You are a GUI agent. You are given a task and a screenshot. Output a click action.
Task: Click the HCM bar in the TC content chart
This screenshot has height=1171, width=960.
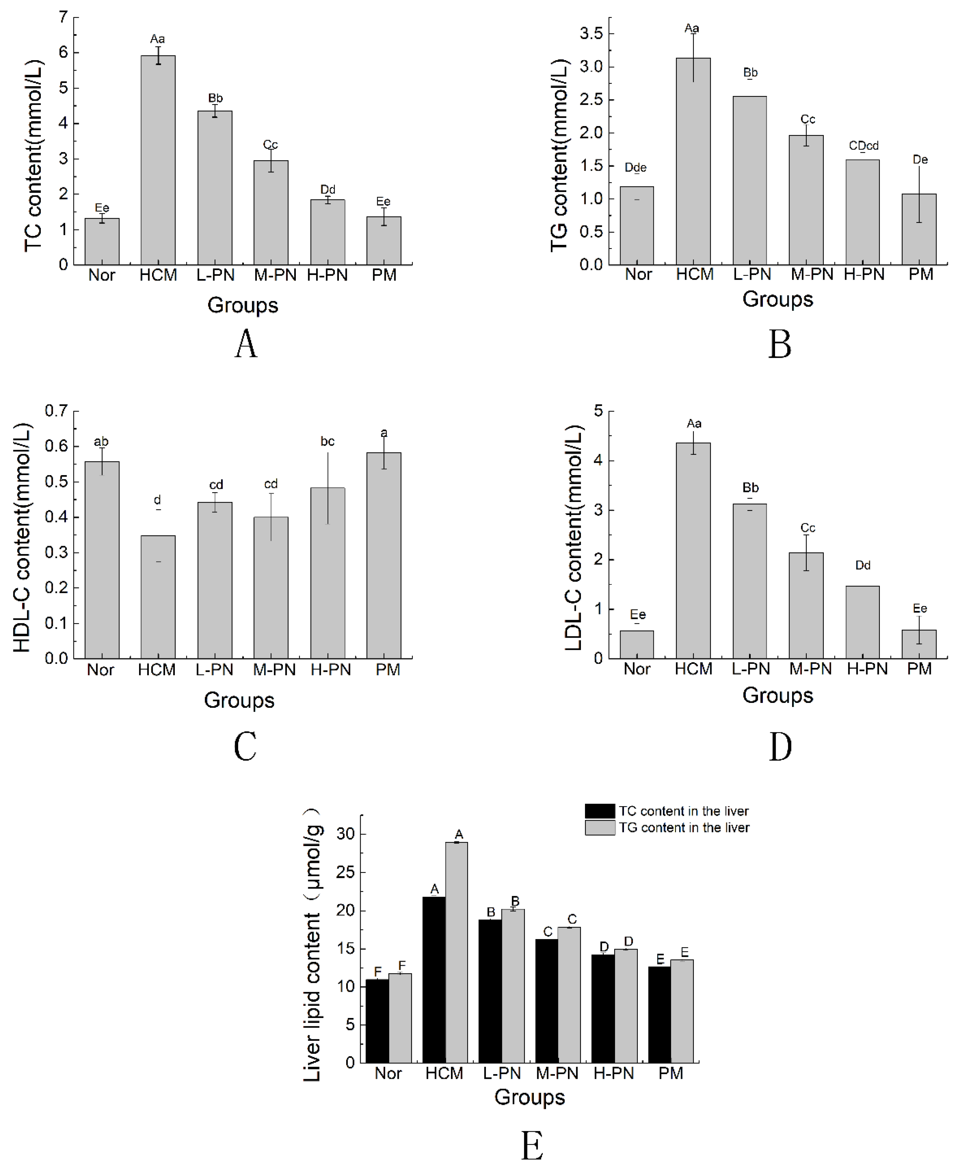click(x=158, y=160)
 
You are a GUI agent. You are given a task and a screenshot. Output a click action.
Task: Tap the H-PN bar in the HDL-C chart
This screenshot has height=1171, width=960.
click(x=327, y=573)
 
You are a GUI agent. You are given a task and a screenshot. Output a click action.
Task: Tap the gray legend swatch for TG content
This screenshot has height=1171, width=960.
click(x=600, y=828)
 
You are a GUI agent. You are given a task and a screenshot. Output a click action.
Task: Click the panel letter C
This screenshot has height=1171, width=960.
click(x=245, y=746)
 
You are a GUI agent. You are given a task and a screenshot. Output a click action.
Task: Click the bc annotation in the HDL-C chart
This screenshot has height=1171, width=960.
click(x=327, y=441)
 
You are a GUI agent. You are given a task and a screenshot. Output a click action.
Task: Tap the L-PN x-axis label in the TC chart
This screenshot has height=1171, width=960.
click(x=215, y=275)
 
